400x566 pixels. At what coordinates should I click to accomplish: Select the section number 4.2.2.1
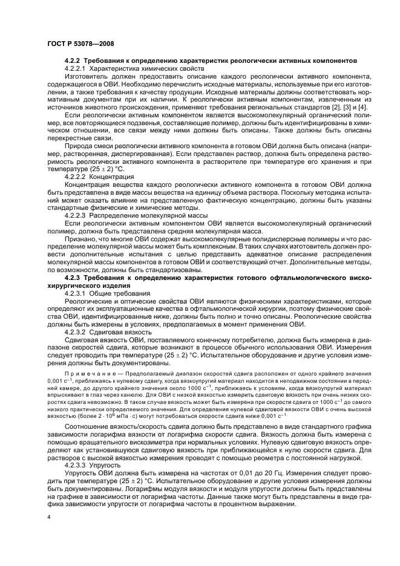pyautogui.click(x=77, y=69)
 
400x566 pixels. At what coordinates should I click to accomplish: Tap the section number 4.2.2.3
pyautogui.click(x=77, y=215)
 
